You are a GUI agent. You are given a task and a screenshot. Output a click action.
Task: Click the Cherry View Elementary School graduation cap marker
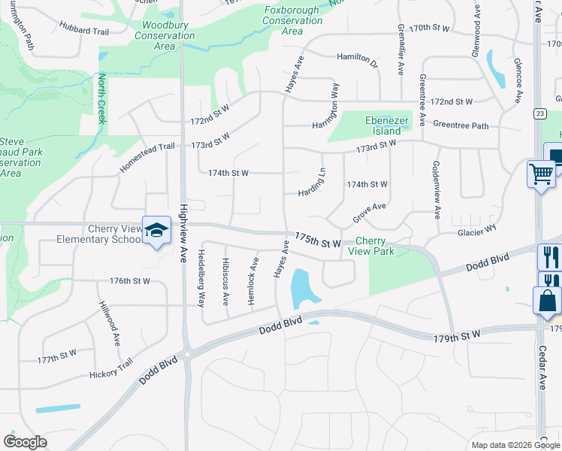tap(157, 231)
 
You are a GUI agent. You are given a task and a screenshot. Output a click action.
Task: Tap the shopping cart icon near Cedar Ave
tap(541, 174)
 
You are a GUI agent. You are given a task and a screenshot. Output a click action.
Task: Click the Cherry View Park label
tap(374, 247)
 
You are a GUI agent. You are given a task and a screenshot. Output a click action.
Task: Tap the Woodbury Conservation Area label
tap(164, 35)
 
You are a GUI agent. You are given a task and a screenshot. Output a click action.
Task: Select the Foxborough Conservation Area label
tap(293, 20)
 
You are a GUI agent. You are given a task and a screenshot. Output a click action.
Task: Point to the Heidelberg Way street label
tap(201, 279)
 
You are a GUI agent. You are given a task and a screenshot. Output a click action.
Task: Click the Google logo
tap(25, 442)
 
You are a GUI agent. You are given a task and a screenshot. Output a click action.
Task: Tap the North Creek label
tap(102, 98)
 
